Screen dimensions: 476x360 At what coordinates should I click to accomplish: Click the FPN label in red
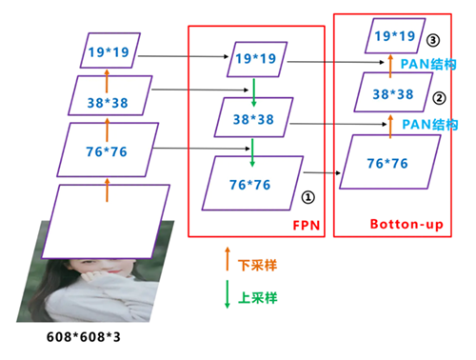click(x=306, y=226)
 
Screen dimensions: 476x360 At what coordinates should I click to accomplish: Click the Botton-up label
click(x=407, y=224)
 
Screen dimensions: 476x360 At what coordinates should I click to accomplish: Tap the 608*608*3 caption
click(x=84, y=337)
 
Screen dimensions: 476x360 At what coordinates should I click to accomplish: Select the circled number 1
click(x=307, y=197)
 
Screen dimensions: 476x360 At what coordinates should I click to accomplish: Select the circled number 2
click(x=439, y=98)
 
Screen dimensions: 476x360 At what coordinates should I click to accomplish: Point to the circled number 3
click(x=433, y=40)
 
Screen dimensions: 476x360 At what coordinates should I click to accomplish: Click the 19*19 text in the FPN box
click(x=256, y=59)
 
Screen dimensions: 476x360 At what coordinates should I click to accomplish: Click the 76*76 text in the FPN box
click(x=250, y=185)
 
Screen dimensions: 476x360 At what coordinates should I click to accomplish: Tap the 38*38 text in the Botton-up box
click(x=393, y=94)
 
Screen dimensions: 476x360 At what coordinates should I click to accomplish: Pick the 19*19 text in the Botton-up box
click(x=395, y=36)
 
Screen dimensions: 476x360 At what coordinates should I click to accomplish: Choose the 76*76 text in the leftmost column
click(x=107, y=151)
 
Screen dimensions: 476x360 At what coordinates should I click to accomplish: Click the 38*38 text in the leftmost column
click(x=108, y=103)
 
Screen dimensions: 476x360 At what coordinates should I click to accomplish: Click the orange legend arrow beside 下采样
click(x=228, y=259)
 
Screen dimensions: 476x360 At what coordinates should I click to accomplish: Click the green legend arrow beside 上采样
click(x=228, y=294)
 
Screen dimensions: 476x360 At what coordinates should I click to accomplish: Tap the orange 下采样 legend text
click(x=257, y=266)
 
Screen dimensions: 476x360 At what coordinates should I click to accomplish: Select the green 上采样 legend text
click(x=258, y=298)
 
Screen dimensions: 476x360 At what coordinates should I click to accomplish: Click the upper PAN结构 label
click(x=428, y=64)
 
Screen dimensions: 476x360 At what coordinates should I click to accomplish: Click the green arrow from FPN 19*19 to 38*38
click(x=254, y=92)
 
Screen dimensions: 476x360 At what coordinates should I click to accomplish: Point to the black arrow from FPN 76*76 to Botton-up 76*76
click(x=322, y=173)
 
